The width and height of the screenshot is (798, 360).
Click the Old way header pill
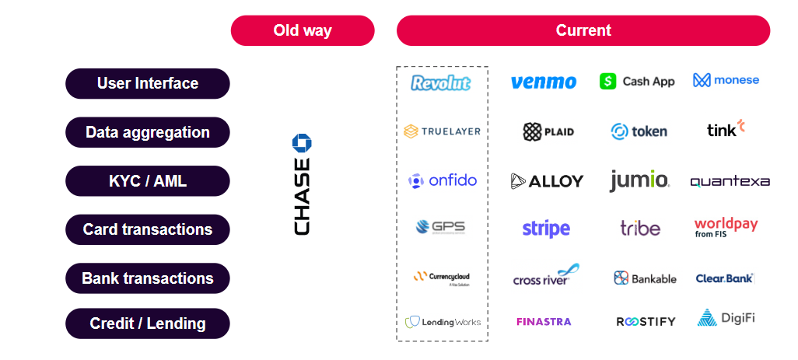click(x=303, y=31)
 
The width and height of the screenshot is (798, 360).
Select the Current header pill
click(x=583, y=31)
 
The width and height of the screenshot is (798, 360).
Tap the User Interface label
click(x=148, y=83)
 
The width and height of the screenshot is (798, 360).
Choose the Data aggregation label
click(x=148, y=132)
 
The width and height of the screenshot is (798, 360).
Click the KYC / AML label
click(x=148, y=181)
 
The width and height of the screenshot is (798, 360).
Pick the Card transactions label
click(x=148, y=229)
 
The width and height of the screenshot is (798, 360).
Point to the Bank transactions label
click(x=148, y=278)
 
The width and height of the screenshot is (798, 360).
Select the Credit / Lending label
click(x=148, y=323)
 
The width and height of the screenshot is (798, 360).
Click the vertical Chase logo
click(x=302, y=184)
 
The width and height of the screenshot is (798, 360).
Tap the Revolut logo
click(x=441, y=82)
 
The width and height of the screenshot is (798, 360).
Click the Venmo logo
click(x=544, y=82)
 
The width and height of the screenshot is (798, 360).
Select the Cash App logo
click(x=637, y=81)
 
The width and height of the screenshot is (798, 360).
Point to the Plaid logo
click(x=548, y=131)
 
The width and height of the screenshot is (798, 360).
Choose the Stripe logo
click(x=546, y=229)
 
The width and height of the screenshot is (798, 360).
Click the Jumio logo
click(x=639, y=180)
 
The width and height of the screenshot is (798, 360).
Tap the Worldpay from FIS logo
click(x=726, y=227)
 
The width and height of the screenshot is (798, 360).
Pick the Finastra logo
click(x=544, y=321)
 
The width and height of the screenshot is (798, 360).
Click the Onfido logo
click(x=443, y=180)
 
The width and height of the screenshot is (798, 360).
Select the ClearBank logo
click(x=725, y=278)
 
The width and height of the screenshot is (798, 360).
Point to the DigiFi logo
click(x=726, y=318)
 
